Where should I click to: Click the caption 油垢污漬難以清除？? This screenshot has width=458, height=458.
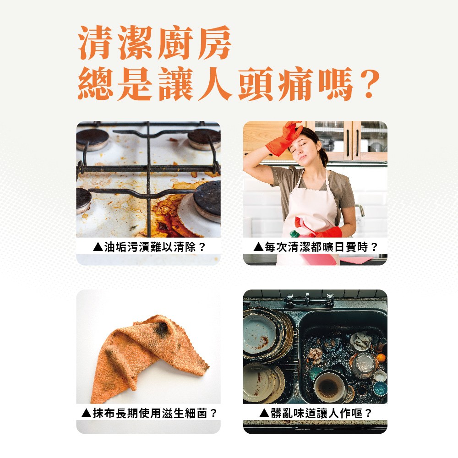point(149,248)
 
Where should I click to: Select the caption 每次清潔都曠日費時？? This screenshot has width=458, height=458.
point(316,248)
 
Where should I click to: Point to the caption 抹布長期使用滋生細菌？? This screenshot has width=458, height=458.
point(149,414)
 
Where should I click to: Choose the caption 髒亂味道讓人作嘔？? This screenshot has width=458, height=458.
point(316,414)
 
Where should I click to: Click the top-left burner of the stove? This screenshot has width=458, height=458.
point(92,139)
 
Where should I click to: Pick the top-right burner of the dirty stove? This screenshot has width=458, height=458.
point(204,137)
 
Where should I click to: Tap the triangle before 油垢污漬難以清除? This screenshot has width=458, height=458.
point(97,248)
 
